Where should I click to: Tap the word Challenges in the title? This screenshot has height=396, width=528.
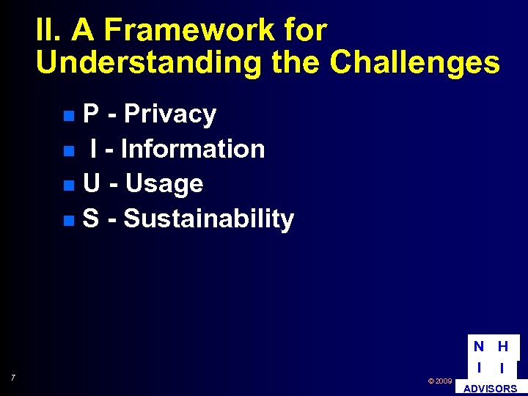[414, 63]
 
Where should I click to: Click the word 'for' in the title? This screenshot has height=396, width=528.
[303, 31]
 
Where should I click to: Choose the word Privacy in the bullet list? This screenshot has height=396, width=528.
[170, 114]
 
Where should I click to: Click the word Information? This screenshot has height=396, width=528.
[192, 149]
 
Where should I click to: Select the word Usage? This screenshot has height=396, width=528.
[164, 183]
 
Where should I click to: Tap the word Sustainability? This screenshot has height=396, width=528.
[209, 219]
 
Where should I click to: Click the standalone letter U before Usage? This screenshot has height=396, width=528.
[92, 183]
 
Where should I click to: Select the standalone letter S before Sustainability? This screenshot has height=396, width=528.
[92, 219]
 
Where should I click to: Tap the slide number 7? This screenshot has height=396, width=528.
[13, 378]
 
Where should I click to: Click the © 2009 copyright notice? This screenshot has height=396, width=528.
[439, 381]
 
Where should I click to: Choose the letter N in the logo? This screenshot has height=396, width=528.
[478, 347]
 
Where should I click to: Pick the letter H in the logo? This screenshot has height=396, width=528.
[503, 347]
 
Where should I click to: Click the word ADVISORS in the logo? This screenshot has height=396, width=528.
[490, 389]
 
